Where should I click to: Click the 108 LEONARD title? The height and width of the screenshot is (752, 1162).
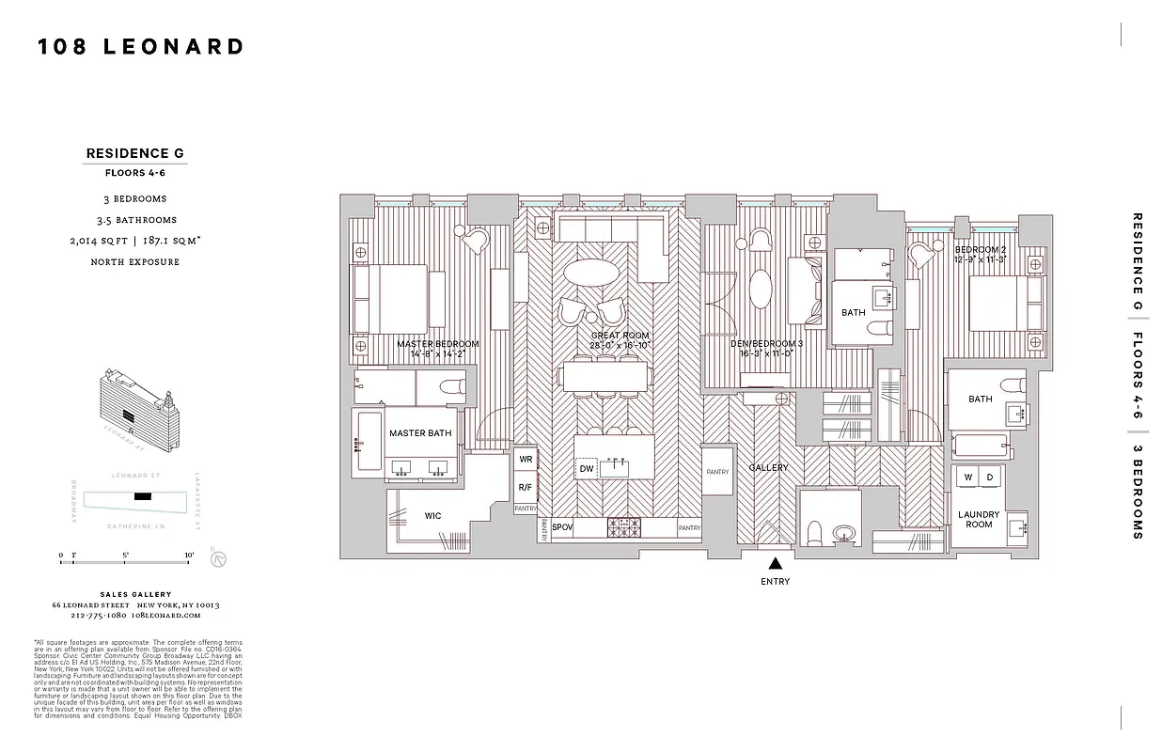141,47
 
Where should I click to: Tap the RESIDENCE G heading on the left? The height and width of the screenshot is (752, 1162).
135,152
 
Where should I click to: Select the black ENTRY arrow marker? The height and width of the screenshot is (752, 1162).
775,564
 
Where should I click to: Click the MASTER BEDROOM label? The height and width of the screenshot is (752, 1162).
437,344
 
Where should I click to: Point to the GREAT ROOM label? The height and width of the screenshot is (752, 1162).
620,336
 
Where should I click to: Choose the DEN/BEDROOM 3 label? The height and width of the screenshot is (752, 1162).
766,344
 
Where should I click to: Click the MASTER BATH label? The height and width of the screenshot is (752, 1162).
420,433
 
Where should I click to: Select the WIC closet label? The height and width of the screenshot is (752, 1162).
432,515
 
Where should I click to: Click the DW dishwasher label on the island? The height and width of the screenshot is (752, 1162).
587,468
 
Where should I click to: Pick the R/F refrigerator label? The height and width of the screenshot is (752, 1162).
525,488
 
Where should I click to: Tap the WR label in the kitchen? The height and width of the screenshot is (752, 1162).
525,461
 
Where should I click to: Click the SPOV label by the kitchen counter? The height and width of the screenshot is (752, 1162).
562,528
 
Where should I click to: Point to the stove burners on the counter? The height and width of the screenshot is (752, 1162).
622,528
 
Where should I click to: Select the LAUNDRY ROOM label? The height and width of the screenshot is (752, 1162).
979,519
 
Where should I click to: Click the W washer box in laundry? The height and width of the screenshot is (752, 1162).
967,478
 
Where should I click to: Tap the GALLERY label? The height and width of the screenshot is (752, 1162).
768,467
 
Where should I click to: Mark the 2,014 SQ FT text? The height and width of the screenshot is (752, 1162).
99,241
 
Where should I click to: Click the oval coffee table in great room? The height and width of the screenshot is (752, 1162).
591,273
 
